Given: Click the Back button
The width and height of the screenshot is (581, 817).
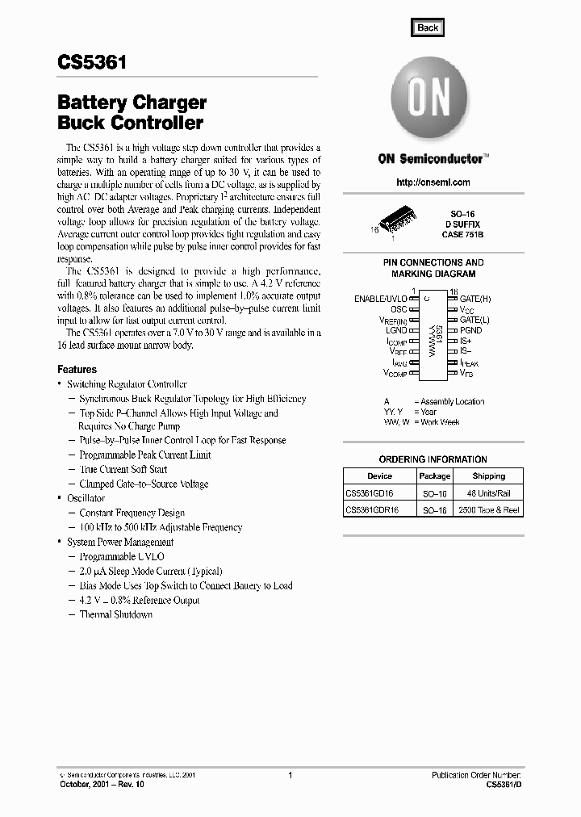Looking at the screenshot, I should click(x=428, y=27).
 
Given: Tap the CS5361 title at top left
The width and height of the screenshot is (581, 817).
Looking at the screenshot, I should click(x=91, y=63).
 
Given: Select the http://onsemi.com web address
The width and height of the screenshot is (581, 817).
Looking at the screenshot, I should click(x=433, y=182).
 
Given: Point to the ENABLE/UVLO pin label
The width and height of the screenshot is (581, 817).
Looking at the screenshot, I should click(x=381, y=299).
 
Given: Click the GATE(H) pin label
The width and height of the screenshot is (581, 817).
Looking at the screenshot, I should click(x=475, y=299).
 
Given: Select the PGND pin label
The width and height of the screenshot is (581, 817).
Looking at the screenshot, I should click(x=470, y=330).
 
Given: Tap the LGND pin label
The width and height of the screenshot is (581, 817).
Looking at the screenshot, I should click(x=396, y=330).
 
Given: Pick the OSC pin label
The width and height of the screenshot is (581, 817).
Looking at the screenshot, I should click(x=399, y=309).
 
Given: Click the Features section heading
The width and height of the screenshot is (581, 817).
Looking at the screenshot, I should click(x=77, y=369).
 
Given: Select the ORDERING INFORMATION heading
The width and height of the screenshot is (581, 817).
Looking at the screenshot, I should click(x=433, y=459).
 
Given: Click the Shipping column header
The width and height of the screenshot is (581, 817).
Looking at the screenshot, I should click(x=489, y=476).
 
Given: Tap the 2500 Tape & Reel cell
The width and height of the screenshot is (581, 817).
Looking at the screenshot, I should click(x=490, y=510).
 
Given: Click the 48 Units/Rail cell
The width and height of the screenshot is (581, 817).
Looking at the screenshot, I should click(x=489, y=493).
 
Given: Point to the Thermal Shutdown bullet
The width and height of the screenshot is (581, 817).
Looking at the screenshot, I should click(x=115, y=614).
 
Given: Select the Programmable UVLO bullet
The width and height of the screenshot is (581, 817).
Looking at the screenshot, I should click(x=121, y=556).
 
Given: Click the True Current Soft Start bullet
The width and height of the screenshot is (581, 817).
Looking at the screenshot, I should click(x=123, y=469).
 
